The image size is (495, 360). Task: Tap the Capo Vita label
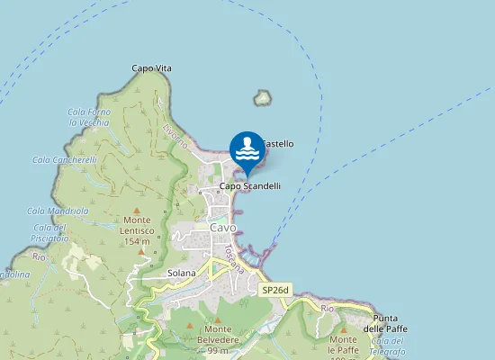tap(151, 68)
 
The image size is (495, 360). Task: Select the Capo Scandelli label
tap(250, 186)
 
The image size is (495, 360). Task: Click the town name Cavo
tap(222, 228)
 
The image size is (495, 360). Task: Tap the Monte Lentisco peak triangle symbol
tap(137, 210)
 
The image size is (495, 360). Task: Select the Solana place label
tap(182, 273)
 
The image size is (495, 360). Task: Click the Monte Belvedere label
tap(217, 335)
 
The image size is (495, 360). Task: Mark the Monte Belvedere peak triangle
tap(217, 319)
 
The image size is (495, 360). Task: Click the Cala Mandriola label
tap(58, 211)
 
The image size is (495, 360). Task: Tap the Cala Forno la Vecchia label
tap(88, 117)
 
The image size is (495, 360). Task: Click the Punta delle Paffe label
tap(386, 323)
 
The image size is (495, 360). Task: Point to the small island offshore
tap(263, 97)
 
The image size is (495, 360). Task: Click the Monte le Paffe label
tap(343, 344)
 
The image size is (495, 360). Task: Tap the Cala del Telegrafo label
tap(387, 346)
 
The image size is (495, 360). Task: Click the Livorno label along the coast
tap(175, 136)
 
